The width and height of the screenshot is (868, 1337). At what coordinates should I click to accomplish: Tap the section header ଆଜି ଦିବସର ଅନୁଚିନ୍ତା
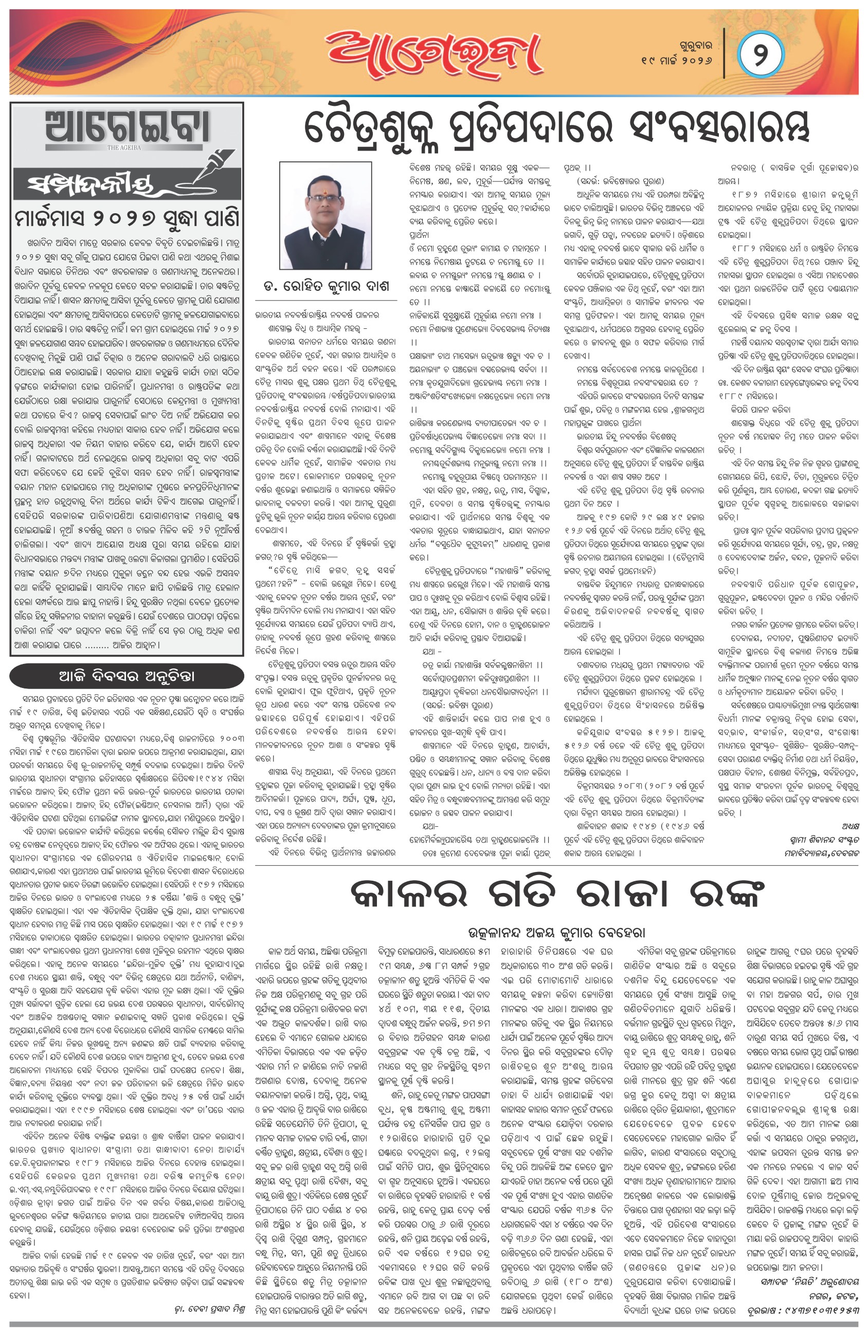click(x=126, y=676)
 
